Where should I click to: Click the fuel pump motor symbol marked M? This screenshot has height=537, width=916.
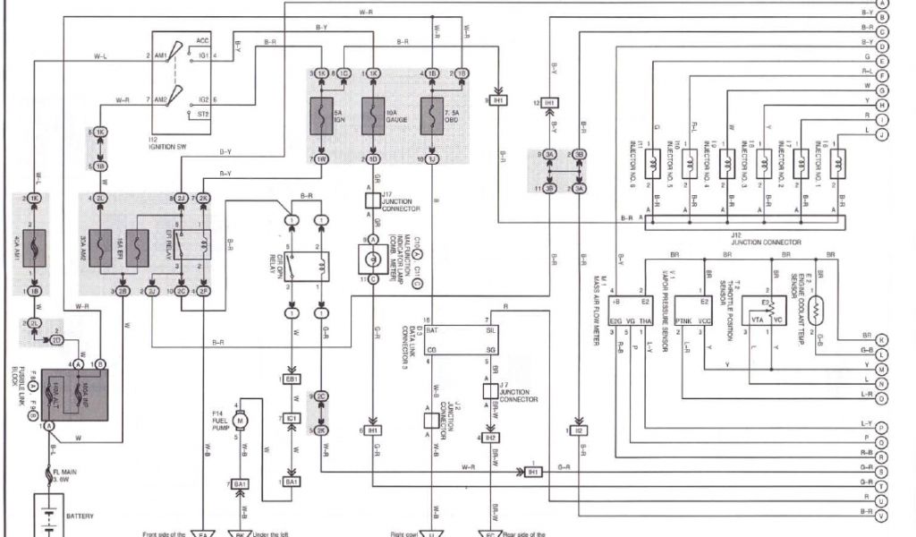click(x=239, y=420)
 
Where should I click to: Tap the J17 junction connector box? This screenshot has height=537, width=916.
click(x=372, y=199)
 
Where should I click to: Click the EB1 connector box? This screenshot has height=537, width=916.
click(x=292, y=379)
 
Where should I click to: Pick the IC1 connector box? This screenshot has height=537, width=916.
click(x=292, y=418)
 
